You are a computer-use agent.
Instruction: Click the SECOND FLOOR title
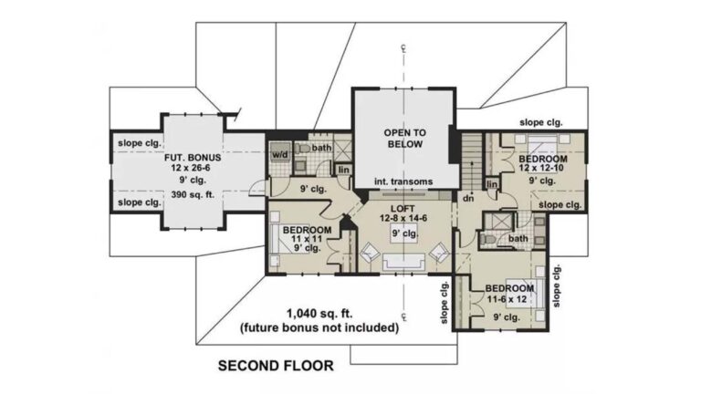point(276,366)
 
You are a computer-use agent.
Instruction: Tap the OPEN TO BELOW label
point(405,139)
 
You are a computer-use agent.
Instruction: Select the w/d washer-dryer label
point(281,154)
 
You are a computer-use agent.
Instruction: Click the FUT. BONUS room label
point(193,158)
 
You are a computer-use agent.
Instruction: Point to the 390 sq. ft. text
point(193,195)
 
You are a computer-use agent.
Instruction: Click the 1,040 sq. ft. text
point(319,314)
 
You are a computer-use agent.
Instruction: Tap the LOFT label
point(403,209)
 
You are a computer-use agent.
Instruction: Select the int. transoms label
point(403,181)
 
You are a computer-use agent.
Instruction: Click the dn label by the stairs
point(468,198)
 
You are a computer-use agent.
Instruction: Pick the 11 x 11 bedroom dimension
point(307,239)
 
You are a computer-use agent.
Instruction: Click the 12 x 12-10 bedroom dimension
point(541,168)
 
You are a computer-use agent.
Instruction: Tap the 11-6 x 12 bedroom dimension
point(507,299)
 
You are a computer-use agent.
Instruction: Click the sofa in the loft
point(403,262)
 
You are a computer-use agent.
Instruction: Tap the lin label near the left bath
point(344,170)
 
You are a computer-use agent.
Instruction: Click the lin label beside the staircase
point(492,184)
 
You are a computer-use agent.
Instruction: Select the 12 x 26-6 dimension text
point(191,168)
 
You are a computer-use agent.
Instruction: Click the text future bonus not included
point(319,328)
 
